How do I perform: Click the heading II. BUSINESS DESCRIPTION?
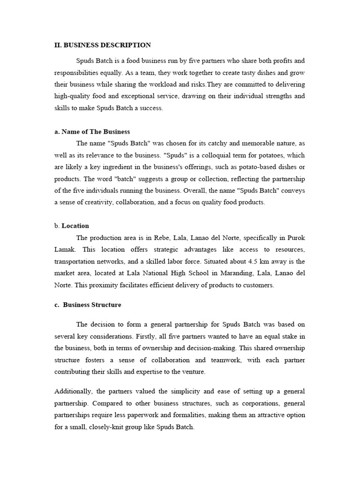(103, 45)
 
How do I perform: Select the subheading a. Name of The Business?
(92, 132)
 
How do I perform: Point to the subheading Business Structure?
(92, 305)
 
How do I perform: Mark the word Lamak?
(65, 249)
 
